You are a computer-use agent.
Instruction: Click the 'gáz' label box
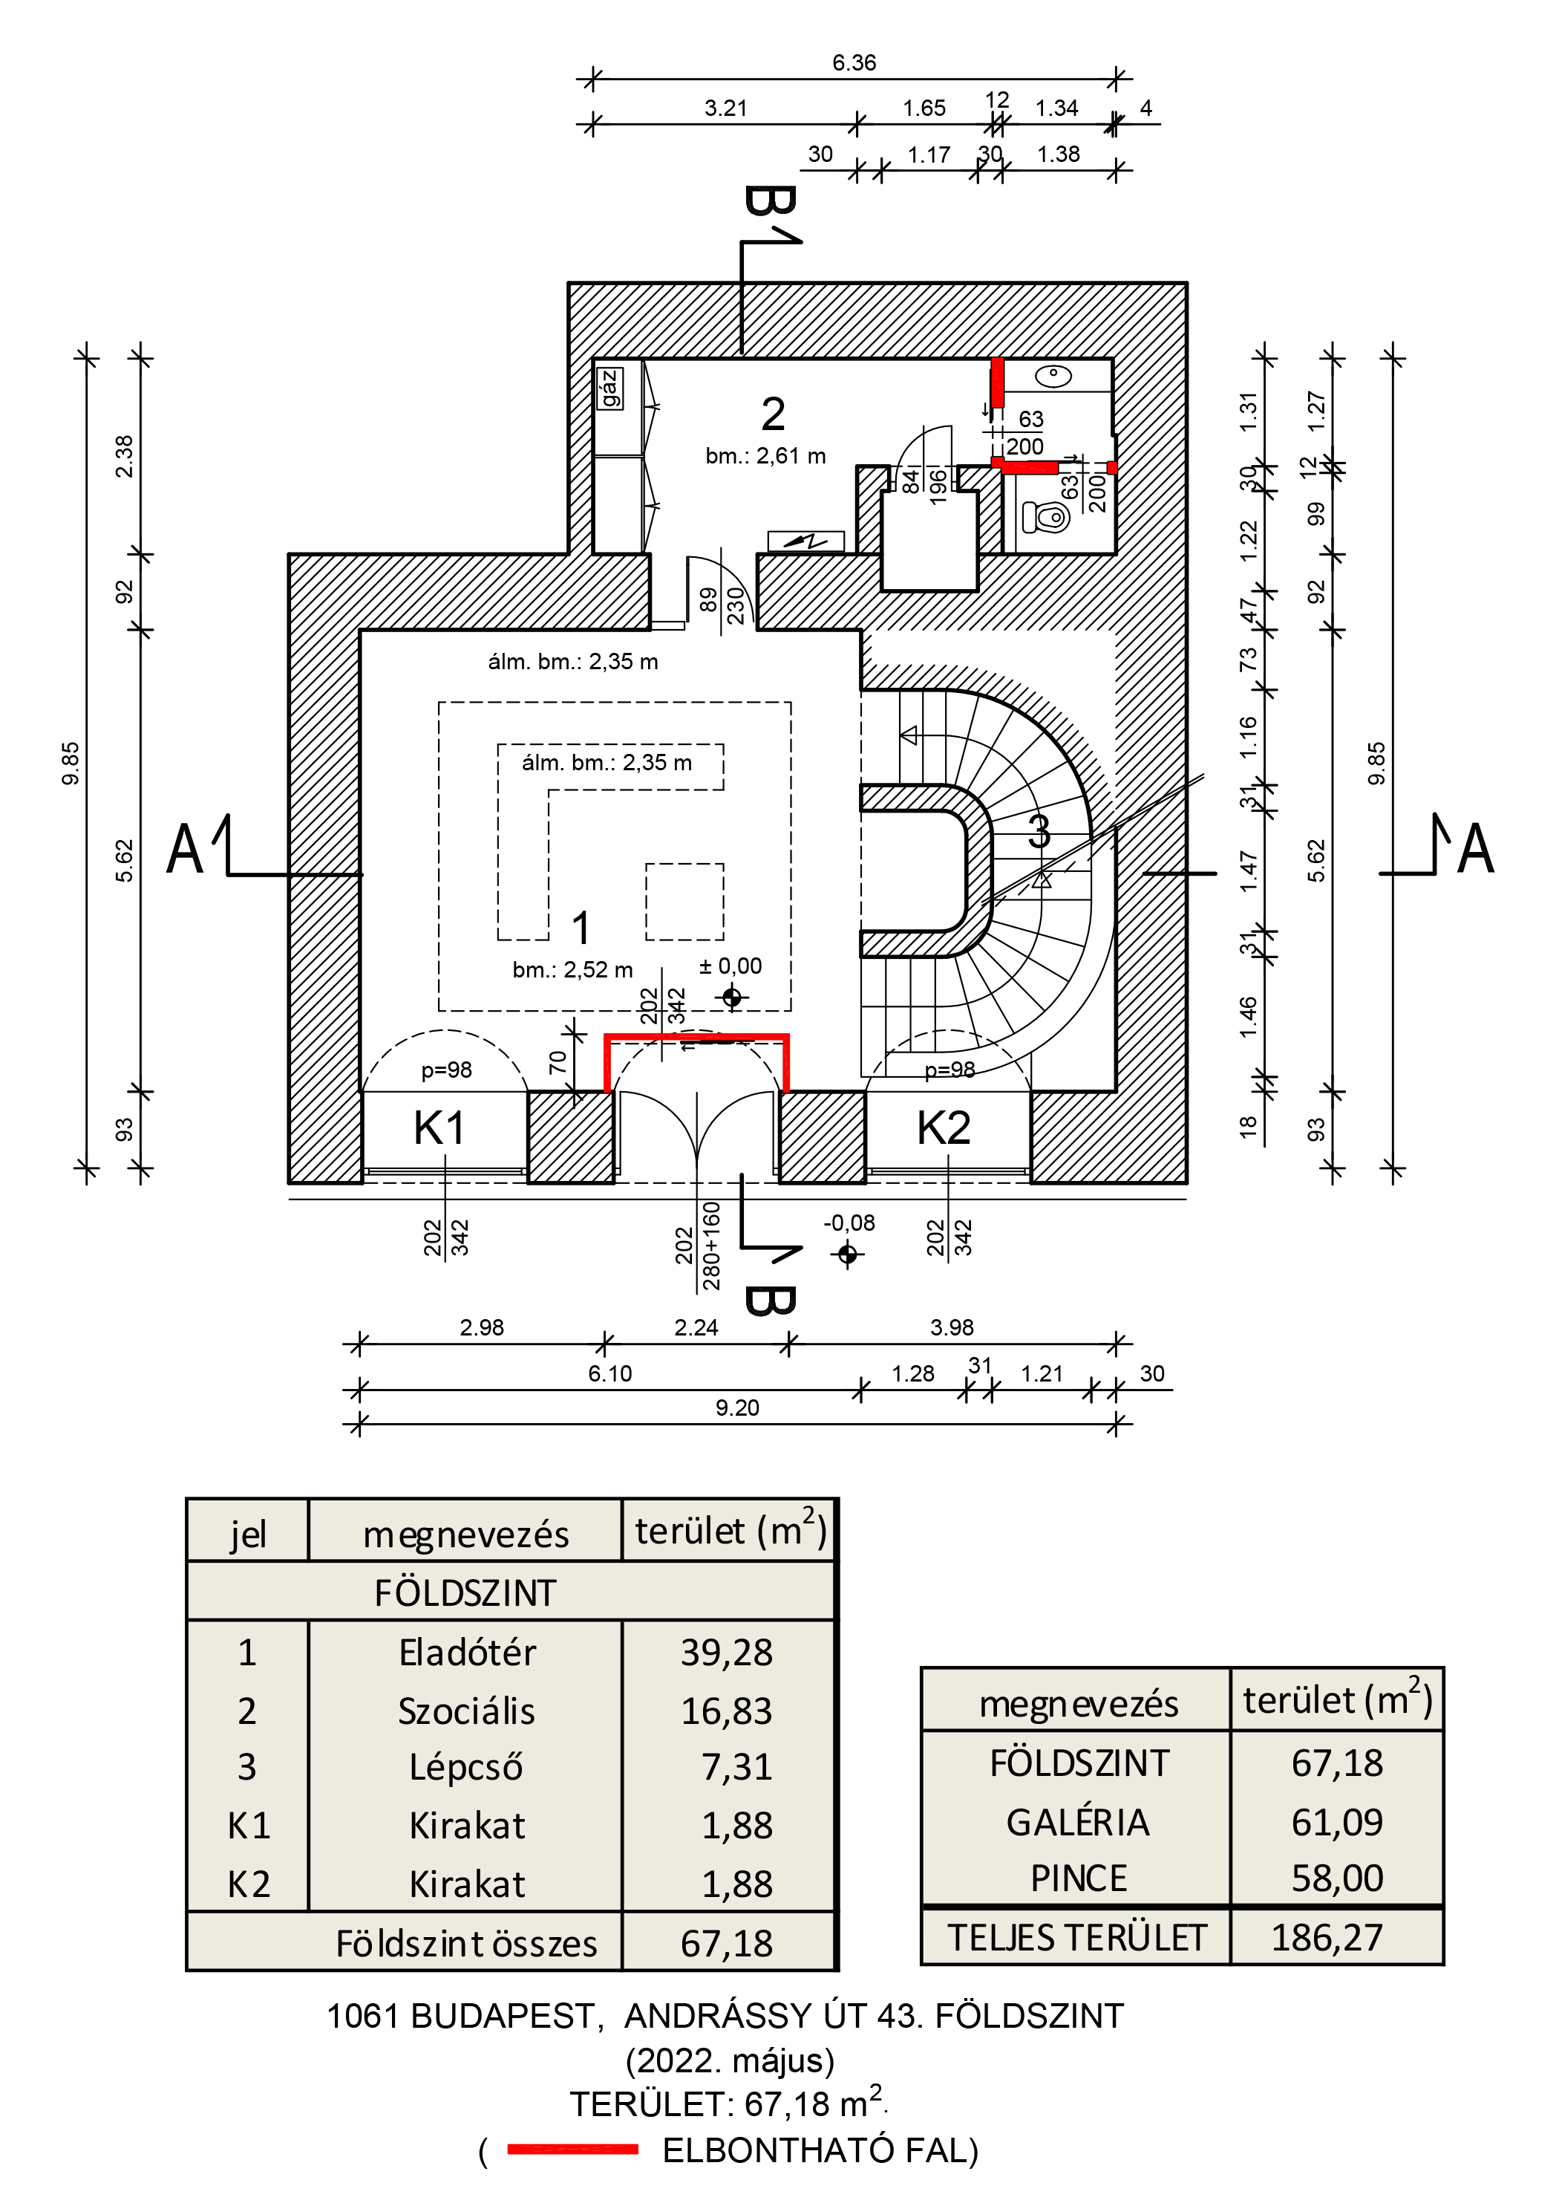(609, 388)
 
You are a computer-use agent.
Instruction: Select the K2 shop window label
(944, 1128)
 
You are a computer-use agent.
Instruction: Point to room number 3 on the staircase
(1039, 832)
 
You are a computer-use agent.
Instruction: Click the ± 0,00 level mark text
(730, 966)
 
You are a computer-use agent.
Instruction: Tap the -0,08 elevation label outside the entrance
(849, 1223)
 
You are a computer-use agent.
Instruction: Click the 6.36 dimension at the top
(854, 62)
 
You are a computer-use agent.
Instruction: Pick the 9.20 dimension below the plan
(736, 1408)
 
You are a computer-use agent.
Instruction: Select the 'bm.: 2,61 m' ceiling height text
(765, 456)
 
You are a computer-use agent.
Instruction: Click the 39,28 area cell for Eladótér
(726, 1653)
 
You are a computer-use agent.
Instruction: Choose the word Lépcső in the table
(466, 1767)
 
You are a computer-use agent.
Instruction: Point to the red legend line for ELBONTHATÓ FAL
(572, 2150)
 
